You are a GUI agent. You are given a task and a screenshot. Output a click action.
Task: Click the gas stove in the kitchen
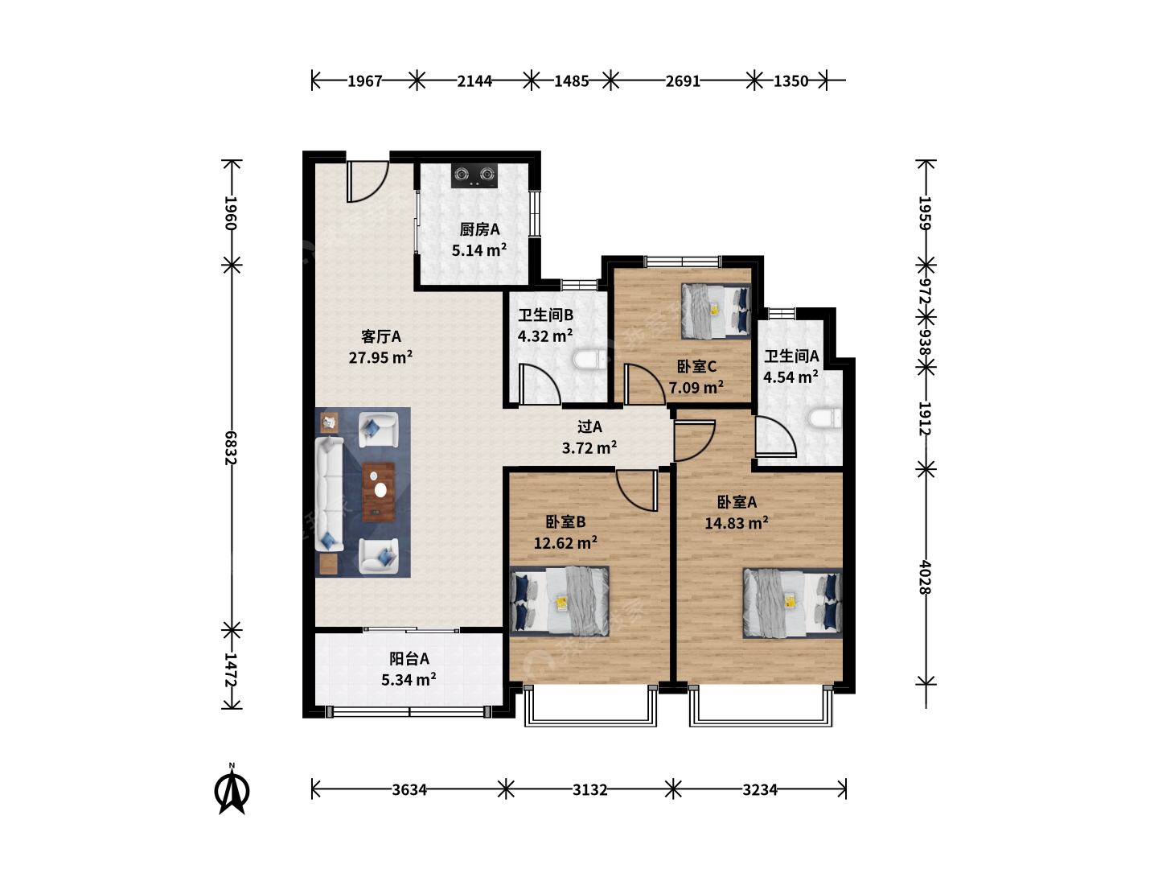point(474,175)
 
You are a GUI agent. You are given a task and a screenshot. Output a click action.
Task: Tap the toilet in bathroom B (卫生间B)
point(590,360)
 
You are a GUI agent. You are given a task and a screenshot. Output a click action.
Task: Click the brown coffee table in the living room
point(378,492)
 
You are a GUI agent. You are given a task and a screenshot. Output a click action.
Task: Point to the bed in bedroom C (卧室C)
point(716,311)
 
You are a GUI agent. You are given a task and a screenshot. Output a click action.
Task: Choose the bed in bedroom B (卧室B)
point(559,600)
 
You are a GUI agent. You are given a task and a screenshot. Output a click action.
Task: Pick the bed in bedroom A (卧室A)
point(792,603)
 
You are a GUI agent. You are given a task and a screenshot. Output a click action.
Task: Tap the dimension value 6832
point(231,448)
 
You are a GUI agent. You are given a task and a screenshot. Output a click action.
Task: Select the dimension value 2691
point(683,81)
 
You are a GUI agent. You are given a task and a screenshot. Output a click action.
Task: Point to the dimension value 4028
point(925,577)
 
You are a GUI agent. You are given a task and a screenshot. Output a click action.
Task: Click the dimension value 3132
point(589,790)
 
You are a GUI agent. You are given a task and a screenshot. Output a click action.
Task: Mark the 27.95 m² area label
point(380,357)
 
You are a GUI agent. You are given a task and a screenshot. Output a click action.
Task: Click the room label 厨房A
point(479,229)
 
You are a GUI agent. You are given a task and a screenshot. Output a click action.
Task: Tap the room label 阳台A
point(409,658)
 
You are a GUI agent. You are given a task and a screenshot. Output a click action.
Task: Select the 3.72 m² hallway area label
point(589,448)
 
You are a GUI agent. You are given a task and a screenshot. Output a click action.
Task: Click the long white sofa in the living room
point(329,494)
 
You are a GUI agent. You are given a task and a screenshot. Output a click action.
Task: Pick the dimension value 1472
point(231,669)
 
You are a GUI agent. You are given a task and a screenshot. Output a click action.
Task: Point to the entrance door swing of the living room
point(368,182)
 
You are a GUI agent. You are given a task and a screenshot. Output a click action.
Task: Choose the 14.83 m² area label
point(737,523)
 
